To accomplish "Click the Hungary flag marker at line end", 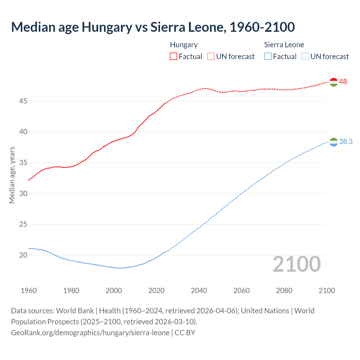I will pos(333,82).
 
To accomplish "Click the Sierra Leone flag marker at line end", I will pos(333,142).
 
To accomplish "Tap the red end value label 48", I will pos(343,82).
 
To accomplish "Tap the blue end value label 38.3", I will pos(346,141).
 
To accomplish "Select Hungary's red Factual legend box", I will pos(174,56).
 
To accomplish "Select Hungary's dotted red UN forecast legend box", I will pos(211,56).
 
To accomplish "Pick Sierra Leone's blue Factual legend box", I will pos(268,56).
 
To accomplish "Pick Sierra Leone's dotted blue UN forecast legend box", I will pos(305,56).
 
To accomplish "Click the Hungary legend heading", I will pos(184,45).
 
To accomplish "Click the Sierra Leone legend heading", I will pos(284,45).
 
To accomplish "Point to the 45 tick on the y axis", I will pos(23,101).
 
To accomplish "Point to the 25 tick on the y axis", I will pos(23,224).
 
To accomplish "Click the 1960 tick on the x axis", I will pos(29,290).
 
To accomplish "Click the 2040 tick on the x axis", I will pos(199,290).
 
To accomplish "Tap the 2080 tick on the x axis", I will pos(284,290).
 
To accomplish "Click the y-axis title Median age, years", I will pos(12,175).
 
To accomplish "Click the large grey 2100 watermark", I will pos(296,264).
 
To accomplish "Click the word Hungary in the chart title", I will pos(107,27).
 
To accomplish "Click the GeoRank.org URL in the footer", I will pos(90,332).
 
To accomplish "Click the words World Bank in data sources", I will pos(75,310).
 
